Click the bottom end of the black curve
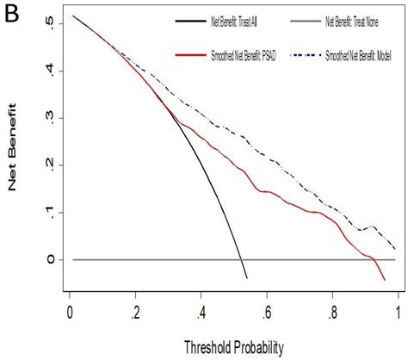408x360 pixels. (x=246, y=277)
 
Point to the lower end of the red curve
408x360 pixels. (x=385, y=280)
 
